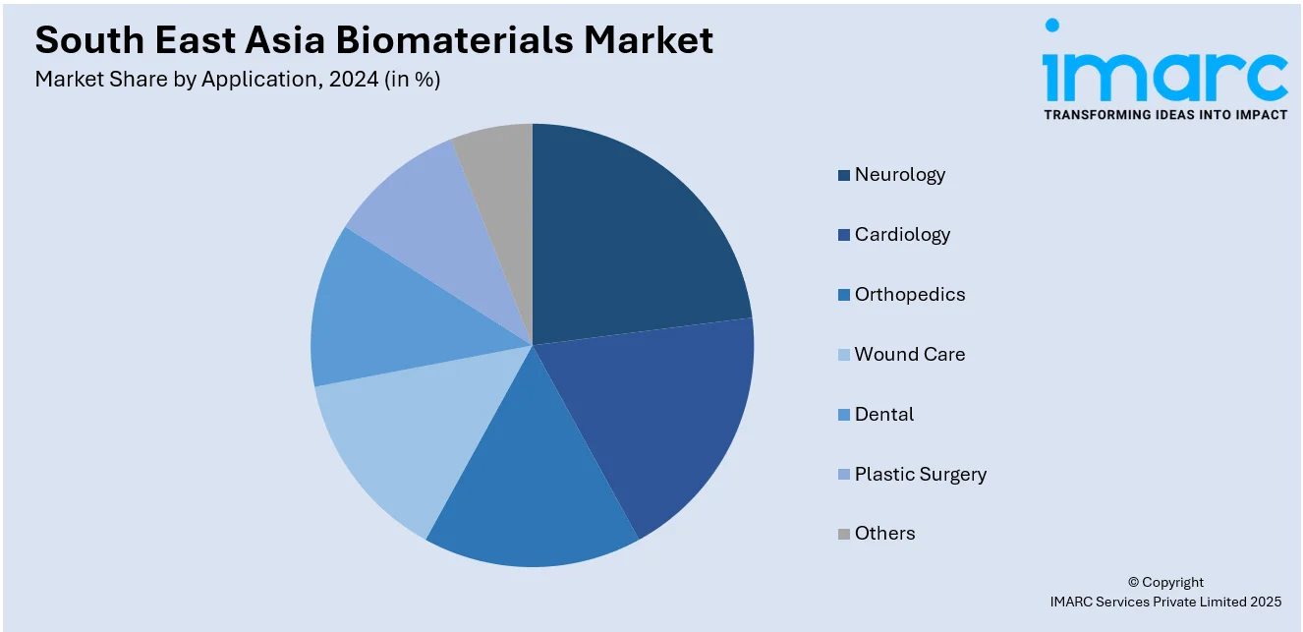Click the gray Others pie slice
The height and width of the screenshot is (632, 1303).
[x=501, y=192]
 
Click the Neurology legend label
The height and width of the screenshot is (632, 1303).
[x=900, y=175]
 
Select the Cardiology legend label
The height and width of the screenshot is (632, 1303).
[x=902, y=235]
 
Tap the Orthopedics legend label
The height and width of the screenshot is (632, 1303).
[x=910, y=295]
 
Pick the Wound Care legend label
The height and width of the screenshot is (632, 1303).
[x=910, y=355]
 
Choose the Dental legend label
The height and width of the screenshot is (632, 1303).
[x=884, y=415]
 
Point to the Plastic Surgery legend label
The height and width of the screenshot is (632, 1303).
[x=920, y=475]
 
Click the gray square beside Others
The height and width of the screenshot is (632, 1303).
[x=843, y=534]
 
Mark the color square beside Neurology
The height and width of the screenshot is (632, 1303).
[x=843, y=175]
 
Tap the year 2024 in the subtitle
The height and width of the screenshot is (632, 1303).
[x=354, y=80]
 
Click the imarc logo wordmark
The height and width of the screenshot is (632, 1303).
[x=1165, y=69]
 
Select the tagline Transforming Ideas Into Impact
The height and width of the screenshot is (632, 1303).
[x=1165, y=115]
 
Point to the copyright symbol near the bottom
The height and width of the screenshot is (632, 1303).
[x=1133, y=582]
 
